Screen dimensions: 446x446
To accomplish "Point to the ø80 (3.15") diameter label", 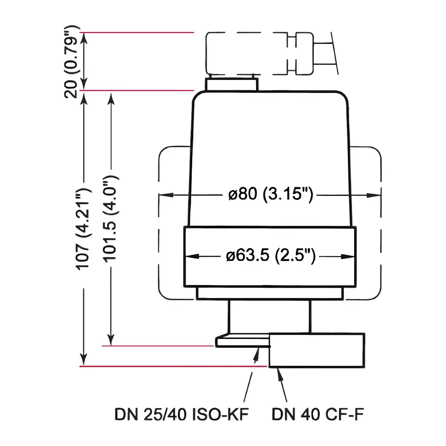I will pyautogui.click(x=269, y=195).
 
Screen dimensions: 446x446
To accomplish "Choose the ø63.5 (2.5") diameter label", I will pyautogui.click(x=271, y=256).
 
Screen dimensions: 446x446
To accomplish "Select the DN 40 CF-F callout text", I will pyautogui.click(x=318, y=416).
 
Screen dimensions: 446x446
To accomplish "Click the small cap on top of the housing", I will pyautogui.click(x=232, y=84).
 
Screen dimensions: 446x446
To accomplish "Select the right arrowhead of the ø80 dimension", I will pyautogui.click(x=377, y=195).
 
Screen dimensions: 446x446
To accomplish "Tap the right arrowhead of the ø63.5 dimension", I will pyautogui.click(x=351, y=256).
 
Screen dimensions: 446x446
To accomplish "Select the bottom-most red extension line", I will pyautogui.click(x=174, y=366).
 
